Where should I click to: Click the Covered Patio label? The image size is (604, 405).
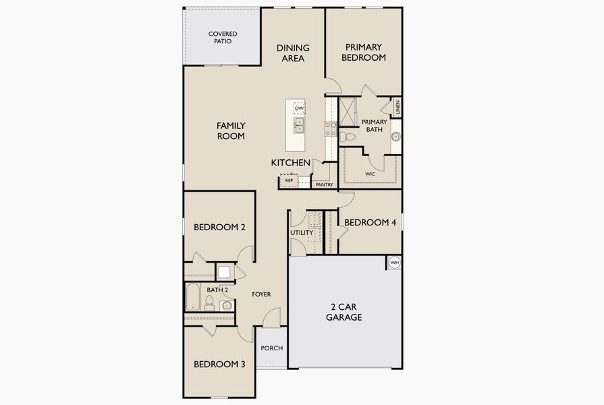[222, 37]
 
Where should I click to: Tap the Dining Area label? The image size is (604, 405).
[293, 53]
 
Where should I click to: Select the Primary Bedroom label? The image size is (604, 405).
[364, 52]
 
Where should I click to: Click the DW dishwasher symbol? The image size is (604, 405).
[299, 108]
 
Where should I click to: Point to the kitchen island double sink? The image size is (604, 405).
[299, 126]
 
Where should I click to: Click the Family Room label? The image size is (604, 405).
[230, 130]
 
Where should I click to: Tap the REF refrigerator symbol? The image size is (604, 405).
[289, 180]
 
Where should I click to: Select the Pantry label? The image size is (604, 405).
[324, 184]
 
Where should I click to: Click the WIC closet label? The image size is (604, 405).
[370, 173]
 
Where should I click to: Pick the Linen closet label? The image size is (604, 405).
[398, 107]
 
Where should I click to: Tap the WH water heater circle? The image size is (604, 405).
[394, 262]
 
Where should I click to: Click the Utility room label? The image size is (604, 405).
[302, 233]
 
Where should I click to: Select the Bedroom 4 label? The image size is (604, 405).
[370, 222]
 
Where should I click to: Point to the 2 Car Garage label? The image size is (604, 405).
[344, 312]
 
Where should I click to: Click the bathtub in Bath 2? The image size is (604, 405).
[192, 298]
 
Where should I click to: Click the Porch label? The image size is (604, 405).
[271, 348]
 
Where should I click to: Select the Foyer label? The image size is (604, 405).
[261, 294]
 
